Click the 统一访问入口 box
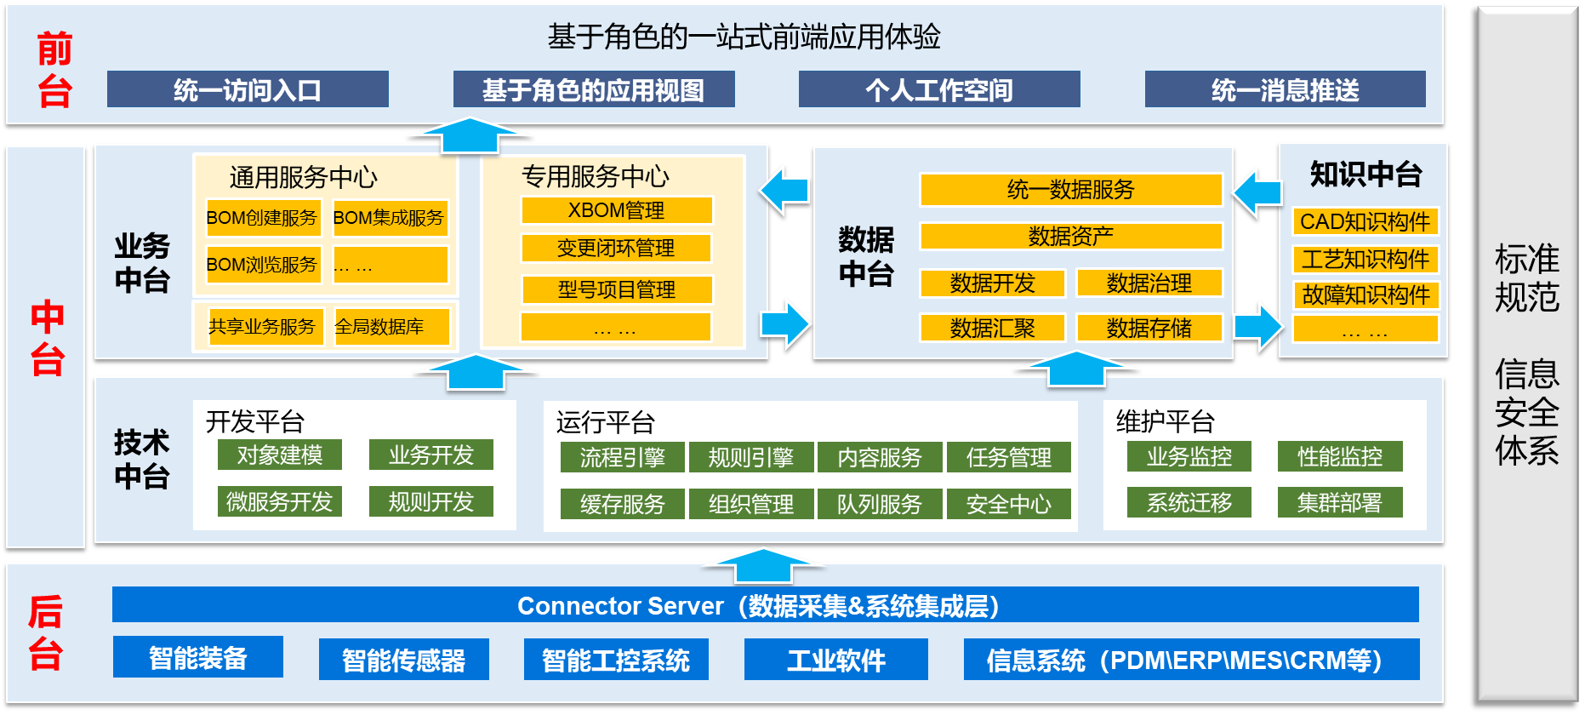tap(248, 89)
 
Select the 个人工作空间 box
tap(939, 89)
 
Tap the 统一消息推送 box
tap(1285, 89)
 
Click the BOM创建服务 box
tap(262, 218)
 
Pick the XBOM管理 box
tap(617, 210)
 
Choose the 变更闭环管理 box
tap(617, 248)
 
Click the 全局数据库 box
tap(391, 327)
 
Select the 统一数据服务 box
tap(1071, 190)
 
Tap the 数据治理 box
tap(1149, 283)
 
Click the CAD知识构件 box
tap(1365, 221)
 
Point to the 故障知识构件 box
tap(1365, 295)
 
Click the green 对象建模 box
tap(280, 455)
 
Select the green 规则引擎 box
tap(751, 458)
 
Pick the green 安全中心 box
tap(1009, 504)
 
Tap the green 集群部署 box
tap(1340, 502)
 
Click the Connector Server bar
tap(765, 605)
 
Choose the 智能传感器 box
tap(404, 660)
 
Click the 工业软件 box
tap(836, 660)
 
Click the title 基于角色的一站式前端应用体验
tap(744, 37)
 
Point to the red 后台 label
tap(46, 633)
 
